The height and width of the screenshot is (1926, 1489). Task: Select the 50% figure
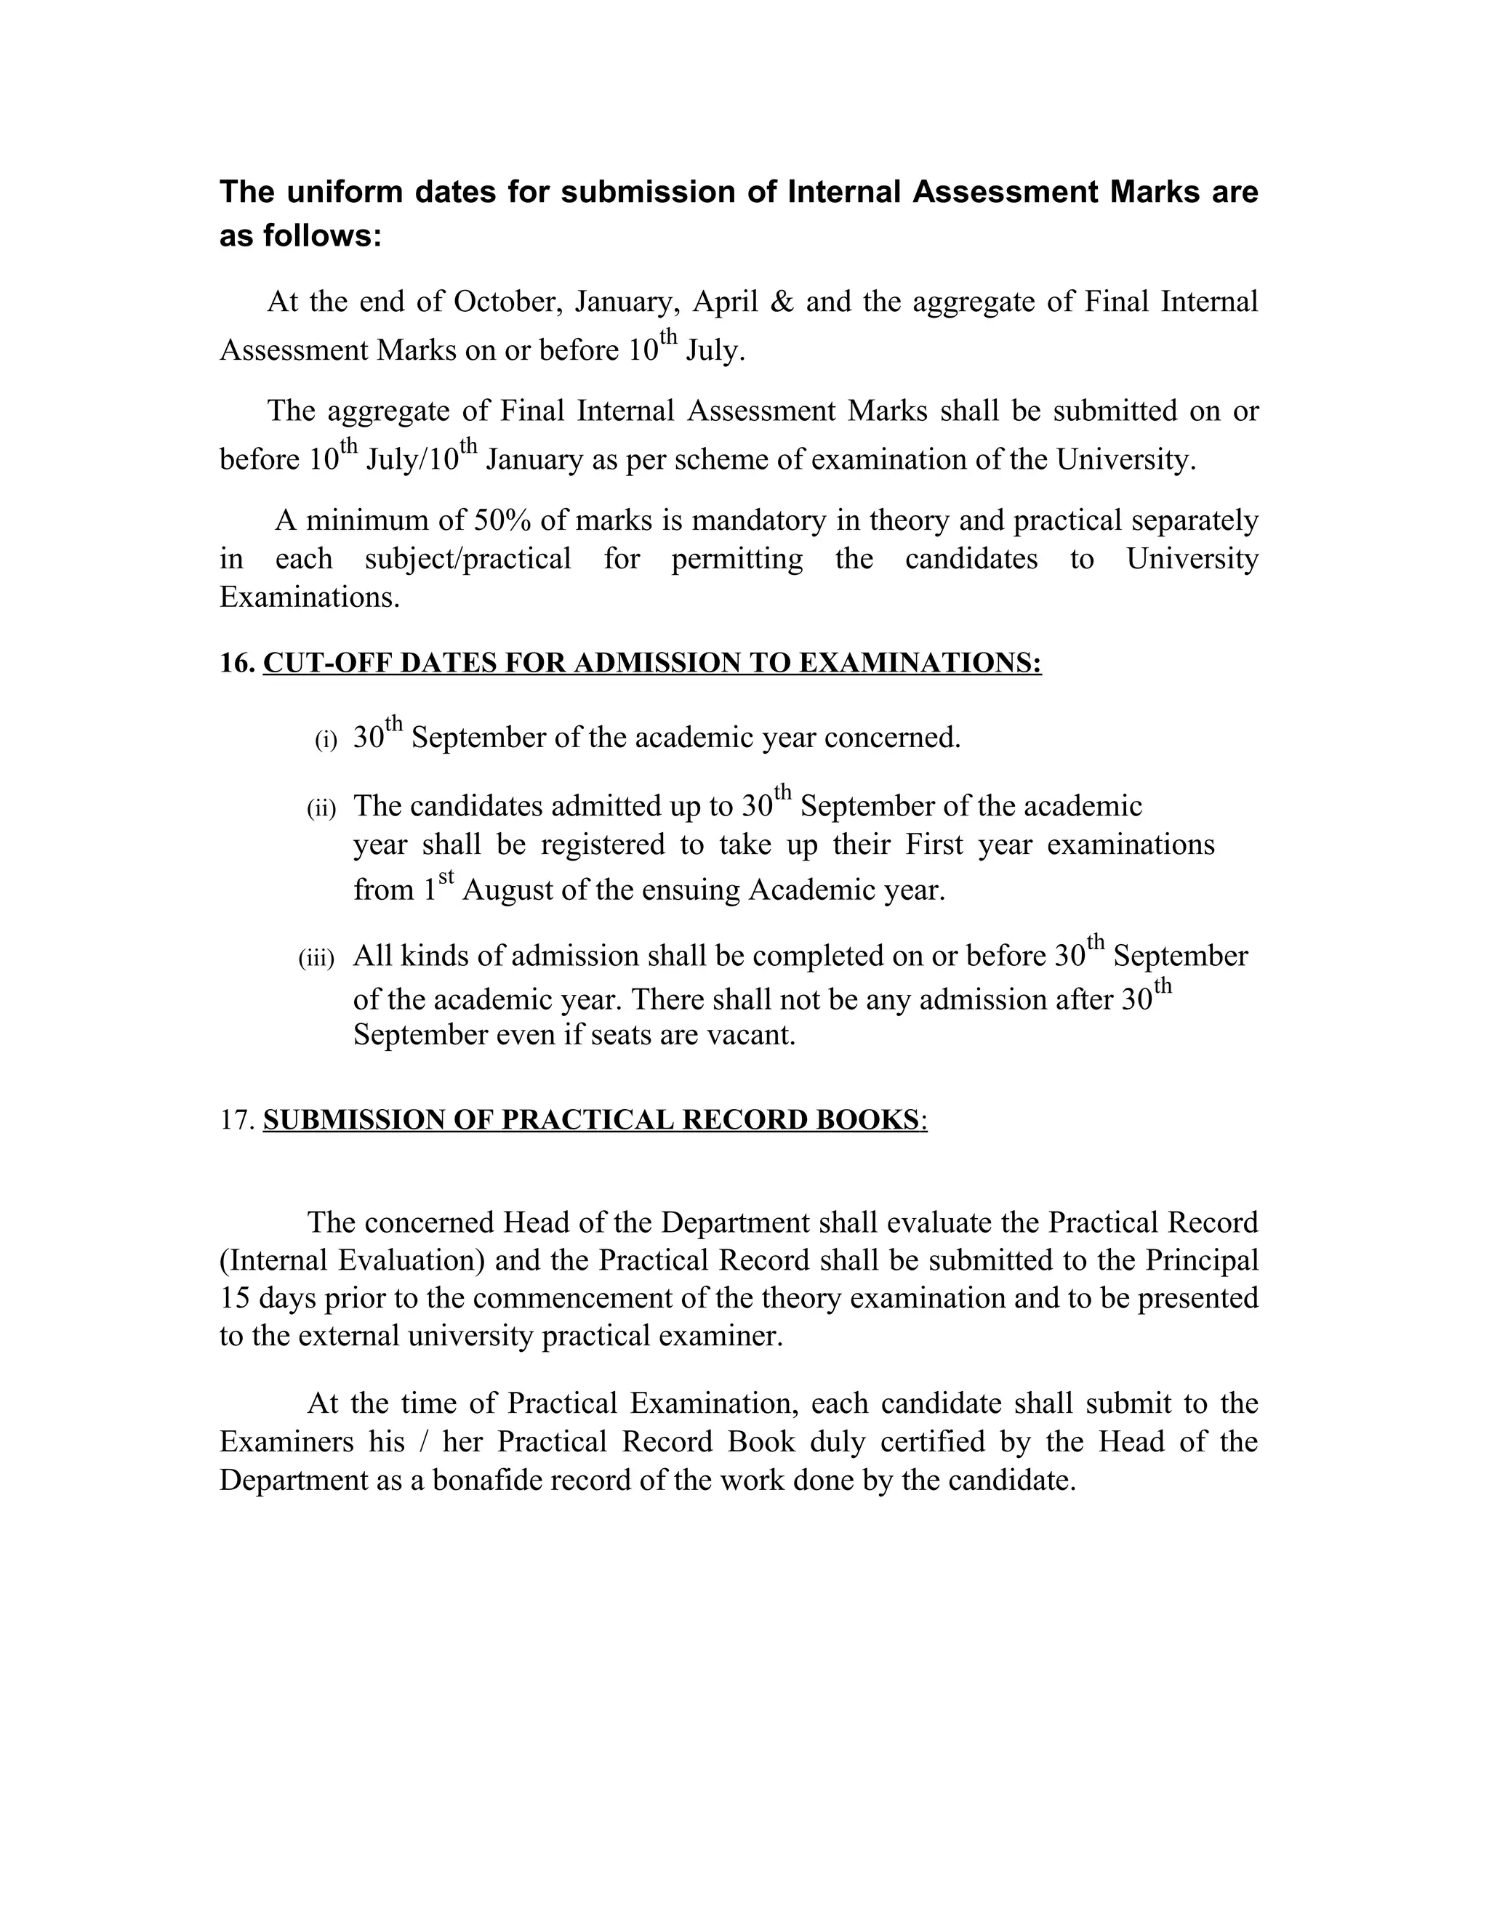tap(503, 520)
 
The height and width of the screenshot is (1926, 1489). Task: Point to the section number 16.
tap(236, 662)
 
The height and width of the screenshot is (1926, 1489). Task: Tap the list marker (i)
tap(326, 740)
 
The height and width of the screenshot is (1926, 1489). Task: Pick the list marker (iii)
tap(317, 959)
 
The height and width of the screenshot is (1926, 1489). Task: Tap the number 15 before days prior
tap(235, 1298)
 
